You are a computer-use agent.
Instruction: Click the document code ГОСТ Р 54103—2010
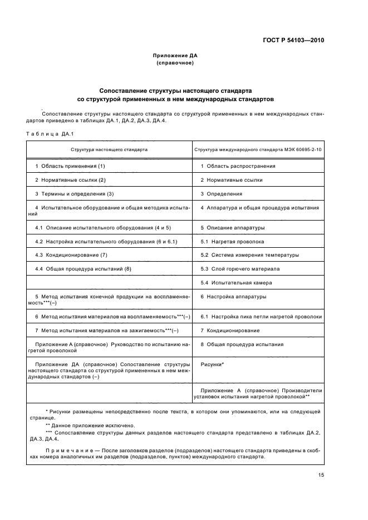coord(293,41)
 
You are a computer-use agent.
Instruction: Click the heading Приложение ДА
coord(175,56)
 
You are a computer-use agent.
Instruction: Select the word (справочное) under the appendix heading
coord(175,63)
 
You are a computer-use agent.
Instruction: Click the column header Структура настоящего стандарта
coord(109,150)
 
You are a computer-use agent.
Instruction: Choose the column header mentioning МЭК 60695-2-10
coord(258,150)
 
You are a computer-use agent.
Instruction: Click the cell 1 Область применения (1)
coord(70,166)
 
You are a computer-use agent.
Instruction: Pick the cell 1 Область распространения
coord(238,166)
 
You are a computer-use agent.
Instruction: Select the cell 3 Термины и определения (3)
coord(74,193)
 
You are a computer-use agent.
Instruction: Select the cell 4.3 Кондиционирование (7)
coord(71,255)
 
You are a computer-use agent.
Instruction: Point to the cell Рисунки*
coord(212,364)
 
